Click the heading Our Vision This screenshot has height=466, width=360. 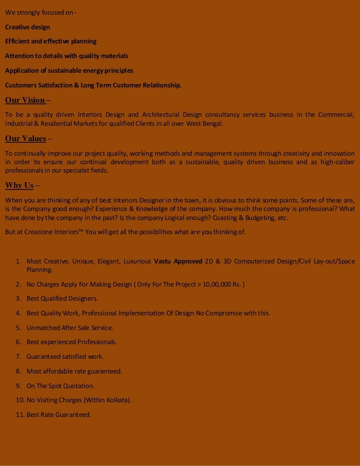[25, 100]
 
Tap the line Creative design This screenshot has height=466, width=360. [28, 27]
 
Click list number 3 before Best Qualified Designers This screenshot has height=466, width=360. [18, 298]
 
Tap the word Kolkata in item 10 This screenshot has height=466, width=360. [119, 401]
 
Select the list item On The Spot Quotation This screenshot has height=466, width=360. [60, 386]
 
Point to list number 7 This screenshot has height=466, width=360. [18, 357]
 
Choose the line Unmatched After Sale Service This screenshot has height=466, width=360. [70, 327]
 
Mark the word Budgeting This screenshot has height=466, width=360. [253, 218]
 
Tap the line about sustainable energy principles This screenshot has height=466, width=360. [69, 71]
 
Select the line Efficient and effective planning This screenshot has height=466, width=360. [51, 42]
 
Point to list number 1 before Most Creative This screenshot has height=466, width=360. [18, 261]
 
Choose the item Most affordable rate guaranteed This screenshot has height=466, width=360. [74, 371]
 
